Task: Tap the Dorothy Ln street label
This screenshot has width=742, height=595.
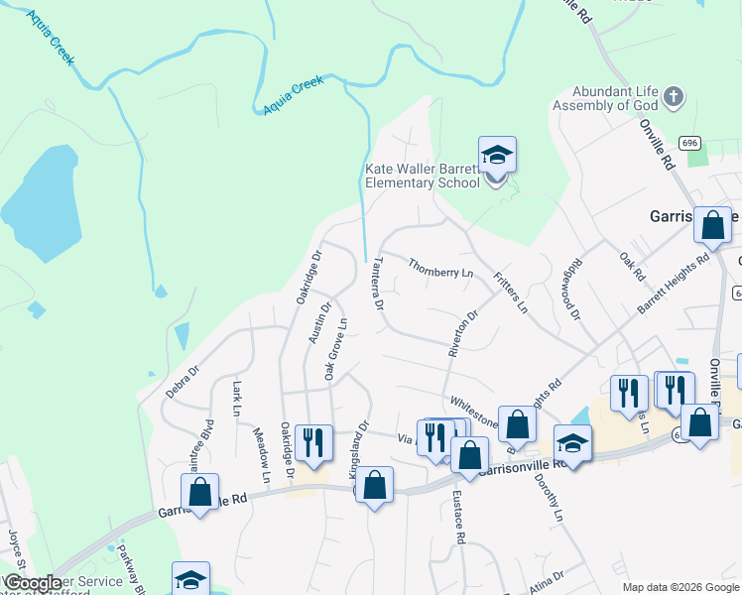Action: (x=554, y=501)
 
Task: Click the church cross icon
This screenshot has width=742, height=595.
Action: (x=673, y=97)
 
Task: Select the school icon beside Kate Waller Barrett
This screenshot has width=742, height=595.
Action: (x=497, y=156)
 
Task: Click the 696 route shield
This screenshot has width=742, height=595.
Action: (x=691, y=143)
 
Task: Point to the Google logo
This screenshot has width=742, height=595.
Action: (x=32, y=583)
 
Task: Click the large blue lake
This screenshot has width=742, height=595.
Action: (x=42, y=203)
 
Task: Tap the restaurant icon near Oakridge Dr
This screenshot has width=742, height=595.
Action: (x=313, y=442)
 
